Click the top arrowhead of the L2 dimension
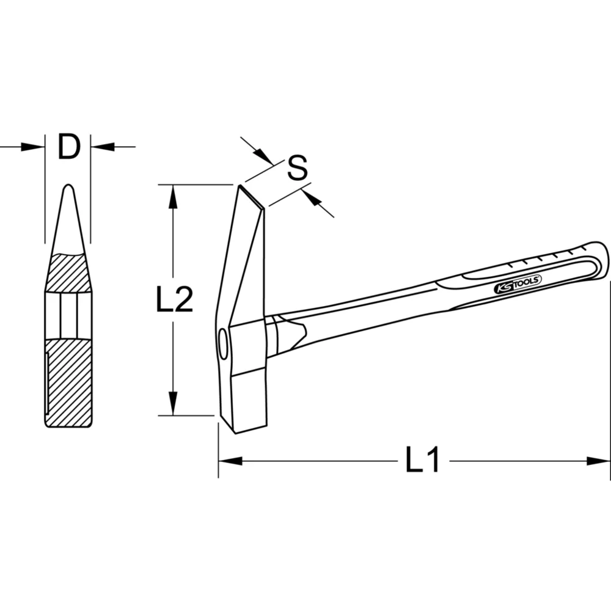(x=174, y=196)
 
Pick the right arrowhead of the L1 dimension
(x=598, y=460)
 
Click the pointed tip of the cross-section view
(x=68, y=187)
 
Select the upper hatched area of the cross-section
(x=68, y=273)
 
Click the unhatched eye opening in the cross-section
(x=68, y=315)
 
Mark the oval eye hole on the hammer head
(x=222, y=343)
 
